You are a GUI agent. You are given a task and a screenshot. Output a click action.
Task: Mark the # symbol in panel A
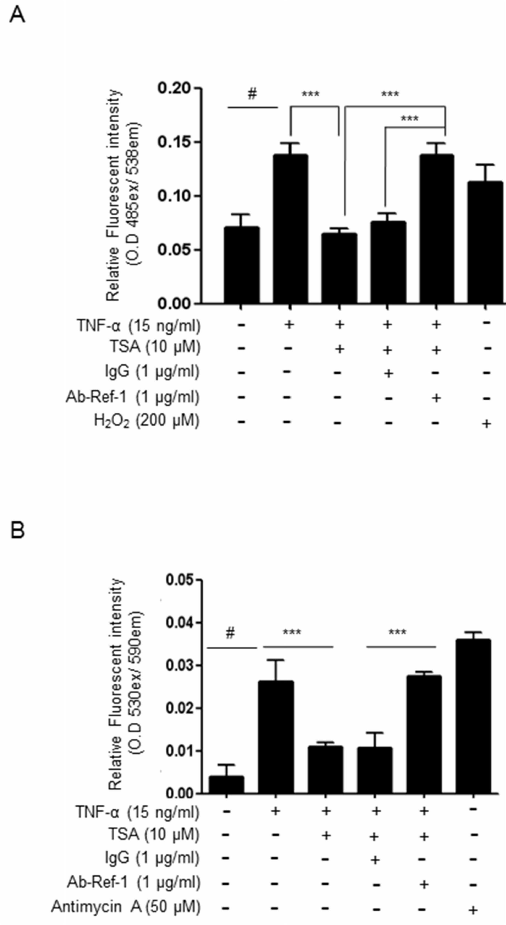click(x=253, y=94)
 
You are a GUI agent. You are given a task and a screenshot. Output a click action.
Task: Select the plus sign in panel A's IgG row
click(x=388, y=374)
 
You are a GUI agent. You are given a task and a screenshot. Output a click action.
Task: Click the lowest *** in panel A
click(x=409, y=118)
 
